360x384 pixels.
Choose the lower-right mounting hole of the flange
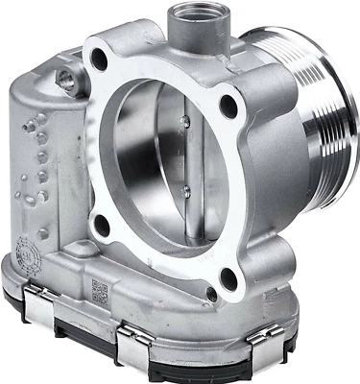click(x=227, y=280)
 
